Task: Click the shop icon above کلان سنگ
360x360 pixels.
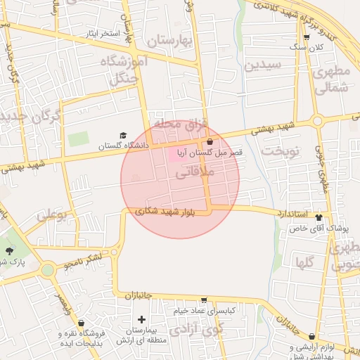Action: pyautogui.click(x=307, y=34)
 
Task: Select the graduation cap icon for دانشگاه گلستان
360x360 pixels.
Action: pyautogui.click(x=123, y=135)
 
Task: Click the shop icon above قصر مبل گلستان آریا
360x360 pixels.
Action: pyautogui.click(x=210, y=141)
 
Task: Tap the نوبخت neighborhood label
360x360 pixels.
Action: pyautogui.click(x=280, y=150)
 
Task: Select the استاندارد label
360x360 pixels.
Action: pyautogui.click(x=289, y=212)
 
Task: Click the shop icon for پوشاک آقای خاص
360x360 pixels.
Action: pyautogui.click(x=319, y=218)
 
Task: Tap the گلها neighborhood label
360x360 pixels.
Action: pyautogui.click(x=304, y=263)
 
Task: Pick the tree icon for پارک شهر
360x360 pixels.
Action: pyautogui.click(x=9, y=250)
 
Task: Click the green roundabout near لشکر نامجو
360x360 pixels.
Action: pyautogui.click(x=48, y=269)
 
